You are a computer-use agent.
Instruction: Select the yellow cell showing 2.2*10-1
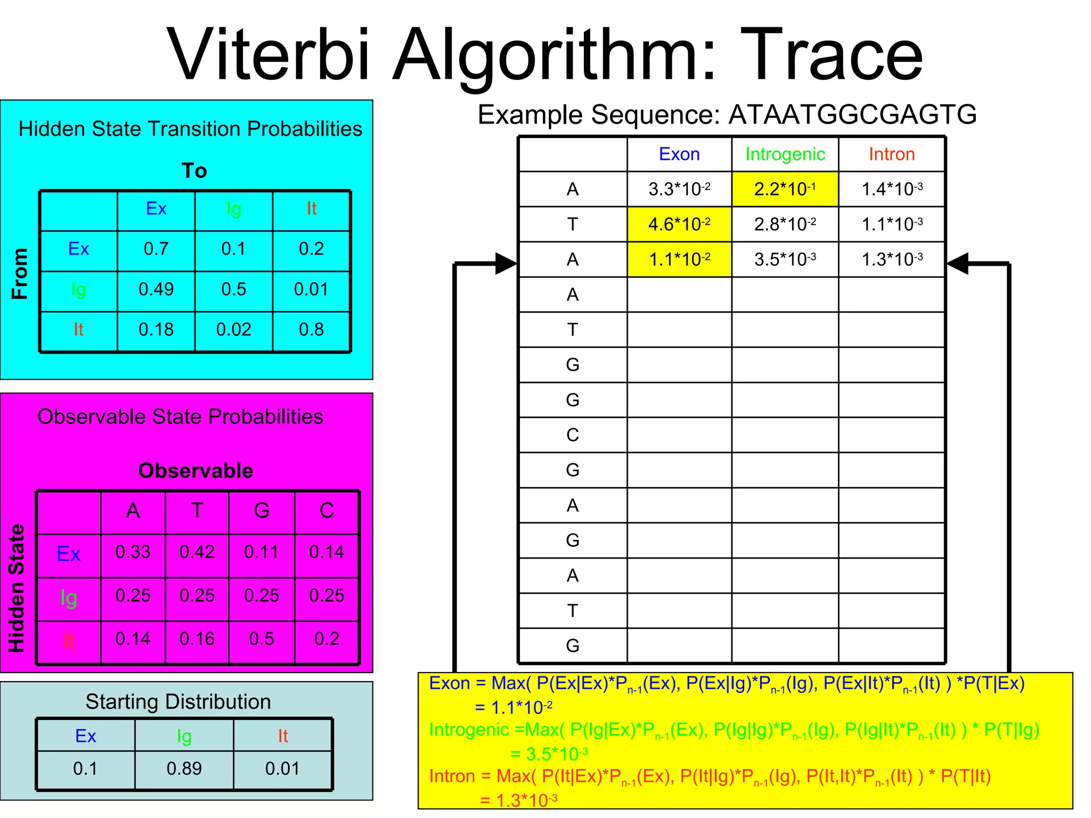785,189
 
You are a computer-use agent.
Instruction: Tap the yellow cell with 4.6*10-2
679,224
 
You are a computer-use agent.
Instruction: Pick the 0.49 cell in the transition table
156,289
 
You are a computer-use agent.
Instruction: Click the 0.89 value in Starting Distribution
184,768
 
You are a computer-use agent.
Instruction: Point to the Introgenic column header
785,154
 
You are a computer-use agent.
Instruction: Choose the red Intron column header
891,154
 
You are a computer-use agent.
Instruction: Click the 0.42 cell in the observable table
197,552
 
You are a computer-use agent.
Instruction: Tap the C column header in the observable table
327,510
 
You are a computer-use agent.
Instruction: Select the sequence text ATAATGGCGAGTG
852,114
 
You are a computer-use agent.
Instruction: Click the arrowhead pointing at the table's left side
506,264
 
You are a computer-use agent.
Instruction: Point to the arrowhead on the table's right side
958,264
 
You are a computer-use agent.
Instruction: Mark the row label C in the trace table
573,435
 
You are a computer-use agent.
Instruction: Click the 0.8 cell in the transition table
311,330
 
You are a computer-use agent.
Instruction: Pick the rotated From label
20,274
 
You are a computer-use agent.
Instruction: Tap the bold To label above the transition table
194,170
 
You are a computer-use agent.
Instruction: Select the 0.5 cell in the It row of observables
262,639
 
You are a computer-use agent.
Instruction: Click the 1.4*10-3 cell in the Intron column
892,189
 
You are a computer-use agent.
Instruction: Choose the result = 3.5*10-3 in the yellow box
549,754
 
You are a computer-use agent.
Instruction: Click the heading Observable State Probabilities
180,416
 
